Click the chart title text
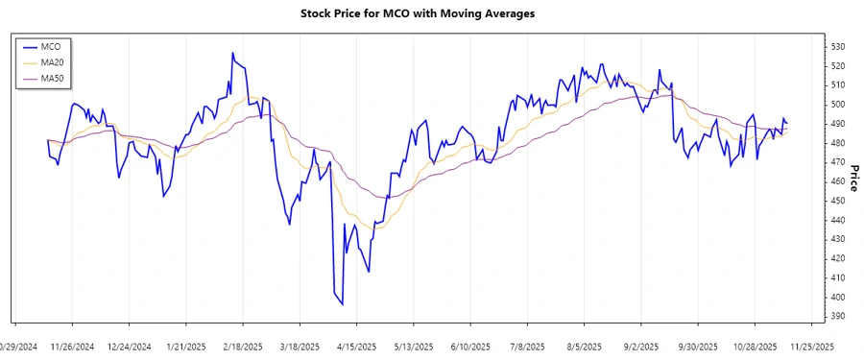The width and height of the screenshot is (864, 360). [x=431, y=13]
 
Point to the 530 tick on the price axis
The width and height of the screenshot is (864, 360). [x=837, y=46]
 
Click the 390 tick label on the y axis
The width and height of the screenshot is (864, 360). [x=837, y=316]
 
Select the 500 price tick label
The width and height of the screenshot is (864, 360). [x=837, y=104]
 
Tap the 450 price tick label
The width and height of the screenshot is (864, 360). [x=837, y=201]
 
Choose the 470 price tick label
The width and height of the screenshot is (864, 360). [x=837, y=162]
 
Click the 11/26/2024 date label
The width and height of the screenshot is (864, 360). [x=72, y=347]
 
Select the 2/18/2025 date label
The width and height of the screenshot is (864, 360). [x=243, y=347]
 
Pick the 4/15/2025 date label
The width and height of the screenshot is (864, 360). [x=357, y=347]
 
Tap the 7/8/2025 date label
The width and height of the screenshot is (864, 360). [x=528, y=347]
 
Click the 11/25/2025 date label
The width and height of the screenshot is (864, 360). [x=812, y=347]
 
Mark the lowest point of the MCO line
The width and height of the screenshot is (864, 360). [x=343, y=304]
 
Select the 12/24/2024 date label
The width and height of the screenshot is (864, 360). [x=130, y=347]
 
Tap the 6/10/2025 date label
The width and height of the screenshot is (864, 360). [x=471, y=347]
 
